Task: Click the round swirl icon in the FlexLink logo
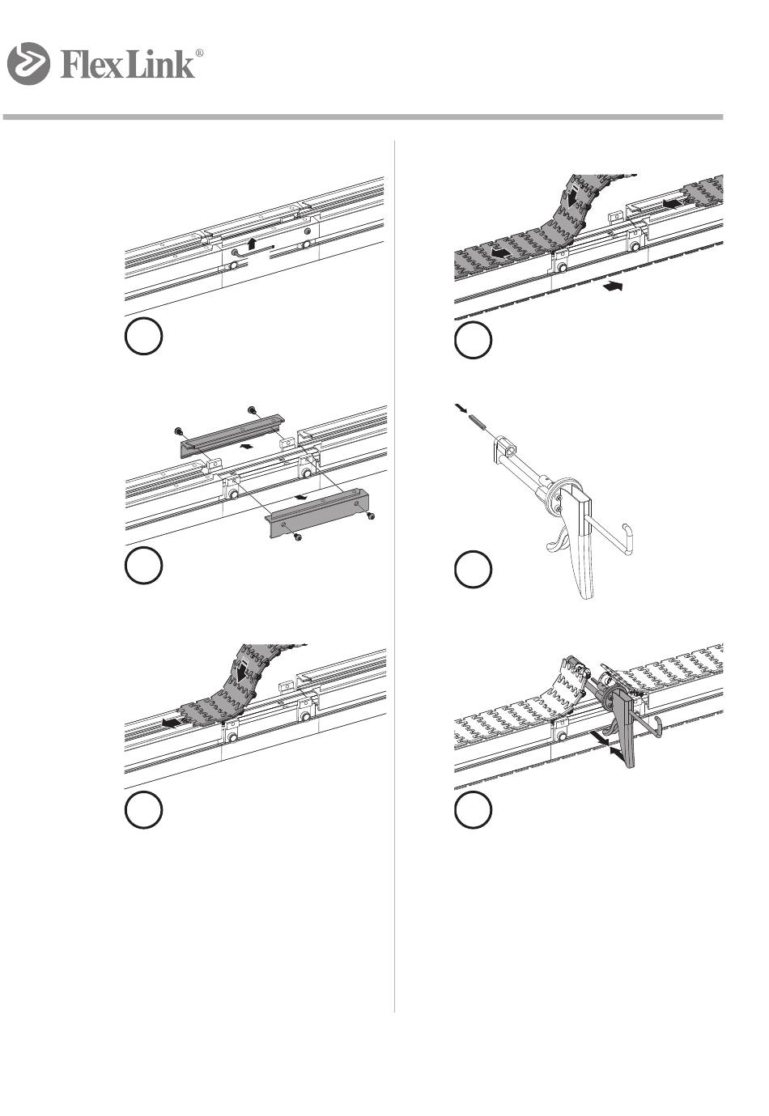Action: coord(28,63)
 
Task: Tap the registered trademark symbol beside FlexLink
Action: coord(199,53)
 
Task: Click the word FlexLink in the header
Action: coord(127,65)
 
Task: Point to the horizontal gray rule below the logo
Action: coord(363,117)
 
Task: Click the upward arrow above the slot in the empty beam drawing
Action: coord(253,243)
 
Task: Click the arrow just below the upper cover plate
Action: coord(245,447)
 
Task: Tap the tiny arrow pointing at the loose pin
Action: coord(461,409)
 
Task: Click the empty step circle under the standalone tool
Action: coord(474,568)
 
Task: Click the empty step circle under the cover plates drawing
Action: coord(143,565)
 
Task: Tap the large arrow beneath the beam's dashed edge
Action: coord(613,286)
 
